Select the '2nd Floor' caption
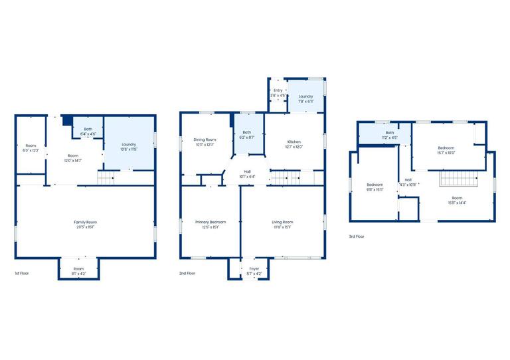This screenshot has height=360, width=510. pos(187,273)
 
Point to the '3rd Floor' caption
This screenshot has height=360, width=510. pos(357,236)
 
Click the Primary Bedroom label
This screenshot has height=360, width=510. pos(210,222)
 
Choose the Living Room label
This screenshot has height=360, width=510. pos(282,222)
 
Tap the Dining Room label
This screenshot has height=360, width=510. pos(205,139)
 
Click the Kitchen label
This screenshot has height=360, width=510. pos(294,141)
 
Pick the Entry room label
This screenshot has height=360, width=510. pos(278,90)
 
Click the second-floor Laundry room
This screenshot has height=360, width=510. pos(305,98)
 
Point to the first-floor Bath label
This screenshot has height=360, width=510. pos(88,130)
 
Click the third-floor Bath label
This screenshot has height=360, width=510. pos(390,132)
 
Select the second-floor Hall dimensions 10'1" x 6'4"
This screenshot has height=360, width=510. pos(247,177)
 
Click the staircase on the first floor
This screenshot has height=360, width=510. pos(107,177)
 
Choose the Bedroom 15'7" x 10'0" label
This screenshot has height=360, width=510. pos(446,147)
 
